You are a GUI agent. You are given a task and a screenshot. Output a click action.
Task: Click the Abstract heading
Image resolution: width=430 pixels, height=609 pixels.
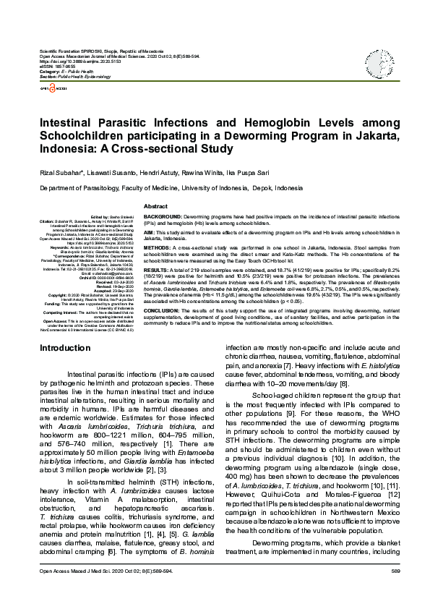tap(155, 206)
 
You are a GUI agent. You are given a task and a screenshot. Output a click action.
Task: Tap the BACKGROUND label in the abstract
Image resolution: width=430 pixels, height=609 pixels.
tap(162, 216)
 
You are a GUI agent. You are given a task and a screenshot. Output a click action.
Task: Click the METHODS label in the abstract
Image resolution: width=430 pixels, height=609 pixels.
tap(158, 247)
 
